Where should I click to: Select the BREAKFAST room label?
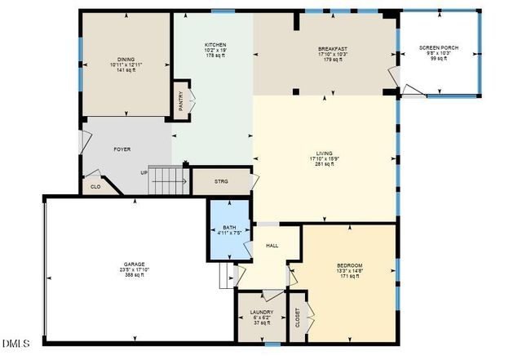click(x=333, y=49)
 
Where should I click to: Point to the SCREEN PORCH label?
click(x=439, y=48)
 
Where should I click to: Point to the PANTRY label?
click(x=181, y=100)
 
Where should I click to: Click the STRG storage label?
click(x=221, y=181)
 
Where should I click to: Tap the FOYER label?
click(x=122, y=149)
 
